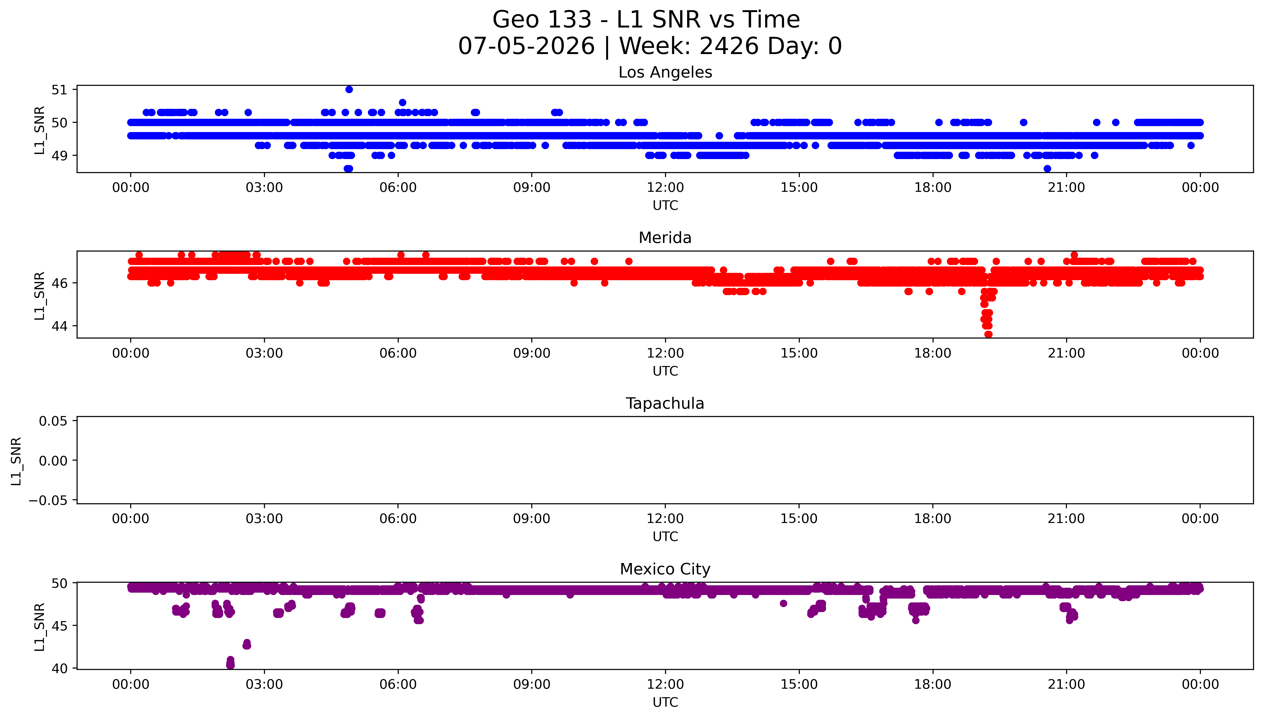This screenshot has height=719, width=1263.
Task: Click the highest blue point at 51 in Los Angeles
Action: [349, 89]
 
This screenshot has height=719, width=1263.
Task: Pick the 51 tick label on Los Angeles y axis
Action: [59, 90]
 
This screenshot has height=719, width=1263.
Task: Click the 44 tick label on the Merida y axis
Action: [59, 326]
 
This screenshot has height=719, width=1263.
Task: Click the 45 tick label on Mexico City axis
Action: [59, 626]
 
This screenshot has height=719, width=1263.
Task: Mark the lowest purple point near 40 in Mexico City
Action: [230, 665]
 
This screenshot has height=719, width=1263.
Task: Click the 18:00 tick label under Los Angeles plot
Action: [933, 188]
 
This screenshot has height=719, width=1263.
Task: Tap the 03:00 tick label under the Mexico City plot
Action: [264, 684]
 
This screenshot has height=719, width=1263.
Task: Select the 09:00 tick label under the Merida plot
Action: [532, 353]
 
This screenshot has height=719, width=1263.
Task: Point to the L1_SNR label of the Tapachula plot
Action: [16, 461]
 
